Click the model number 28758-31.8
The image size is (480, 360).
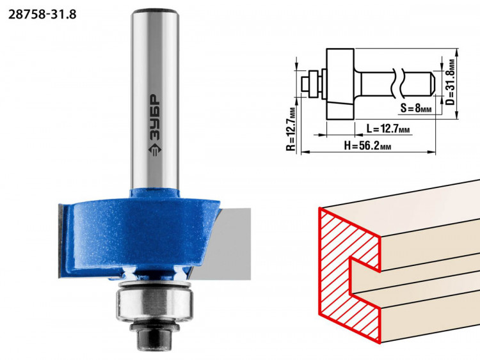click(x=42, y=14)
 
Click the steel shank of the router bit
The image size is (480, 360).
click(x=155, y=98)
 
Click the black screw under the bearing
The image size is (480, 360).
click(x=155, y=336)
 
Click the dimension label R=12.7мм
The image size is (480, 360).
click(x=292, y=129)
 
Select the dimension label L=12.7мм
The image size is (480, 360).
click(x=388, y=129)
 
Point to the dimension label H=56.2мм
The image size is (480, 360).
click(x=367, y=146)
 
